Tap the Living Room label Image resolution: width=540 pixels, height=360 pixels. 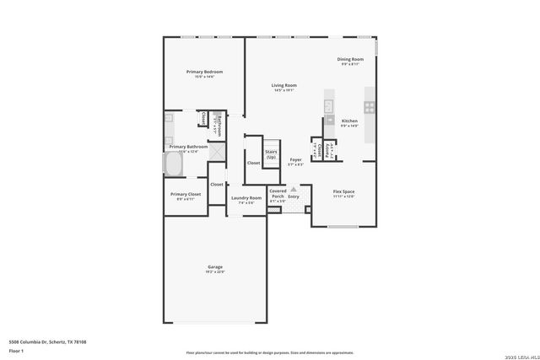tap(283, 86)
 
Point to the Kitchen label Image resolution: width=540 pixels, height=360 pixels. tap(349, 121)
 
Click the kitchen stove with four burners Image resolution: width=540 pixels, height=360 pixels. tap(369, 107)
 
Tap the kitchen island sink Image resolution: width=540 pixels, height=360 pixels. tap(329, 106)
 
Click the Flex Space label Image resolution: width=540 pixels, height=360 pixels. tap(343, 192)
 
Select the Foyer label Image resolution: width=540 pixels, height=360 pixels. tap(295, 159)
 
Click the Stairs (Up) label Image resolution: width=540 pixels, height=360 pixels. tap(271, 155)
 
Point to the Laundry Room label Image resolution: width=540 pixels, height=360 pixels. tap(244, 198)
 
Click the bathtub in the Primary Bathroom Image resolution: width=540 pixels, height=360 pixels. tap(175, 163)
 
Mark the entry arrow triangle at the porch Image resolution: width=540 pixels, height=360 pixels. tap(294, 190)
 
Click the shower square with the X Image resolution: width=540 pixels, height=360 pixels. tap(217, 152)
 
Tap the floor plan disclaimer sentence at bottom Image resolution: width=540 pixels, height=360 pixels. tap(269, 352)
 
